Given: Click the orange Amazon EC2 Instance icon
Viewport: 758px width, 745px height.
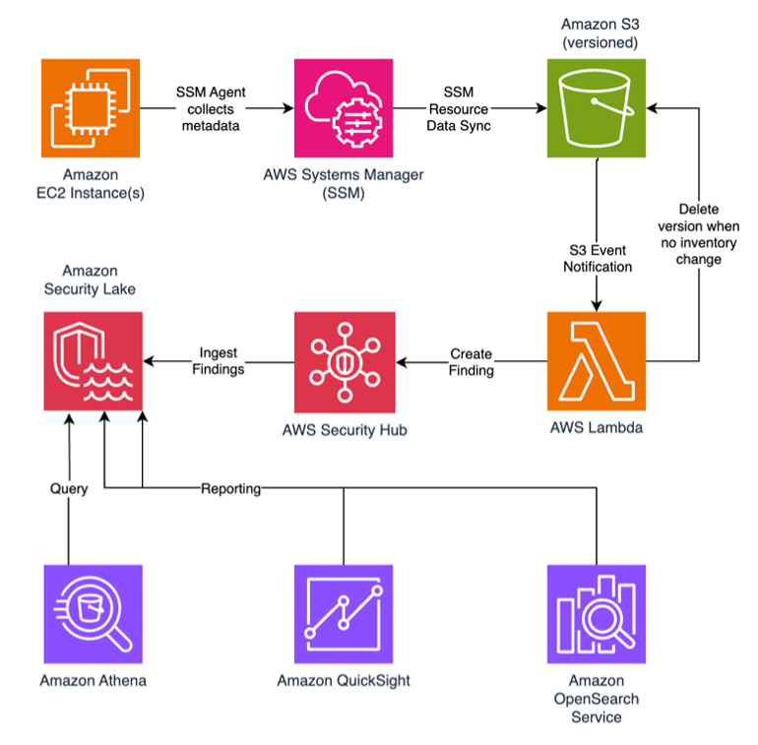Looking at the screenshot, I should (x=91, y=107).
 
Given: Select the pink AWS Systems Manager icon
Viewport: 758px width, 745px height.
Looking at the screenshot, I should (x=343, y=107).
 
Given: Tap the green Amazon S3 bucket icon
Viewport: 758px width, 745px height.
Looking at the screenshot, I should (x=597, y=107).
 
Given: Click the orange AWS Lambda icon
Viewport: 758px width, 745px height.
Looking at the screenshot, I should (x=597, y=360).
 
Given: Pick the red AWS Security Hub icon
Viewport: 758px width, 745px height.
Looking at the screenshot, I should (x=345, y=361).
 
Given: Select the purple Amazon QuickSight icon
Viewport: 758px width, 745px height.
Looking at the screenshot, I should (x=344, y=613).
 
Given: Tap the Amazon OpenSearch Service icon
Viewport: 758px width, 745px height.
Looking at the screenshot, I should (x=597, y=613).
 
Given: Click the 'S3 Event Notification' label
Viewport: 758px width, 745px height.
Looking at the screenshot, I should (x=598, y=259).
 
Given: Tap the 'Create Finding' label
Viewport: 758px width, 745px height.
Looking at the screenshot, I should (x=472, y=361).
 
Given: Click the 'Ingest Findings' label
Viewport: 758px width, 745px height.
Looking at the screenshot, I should (x=219, y=361).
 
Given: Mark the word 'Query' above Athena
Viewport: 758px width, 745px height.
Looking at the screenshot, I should (x=69, y=488).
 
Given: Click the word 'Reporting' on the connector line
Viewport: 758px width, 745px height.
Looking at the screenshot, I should (x=230, y=488).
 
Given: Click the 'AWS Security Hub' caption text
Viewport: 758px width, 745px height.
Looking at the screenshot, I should (x=344, y=430).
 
